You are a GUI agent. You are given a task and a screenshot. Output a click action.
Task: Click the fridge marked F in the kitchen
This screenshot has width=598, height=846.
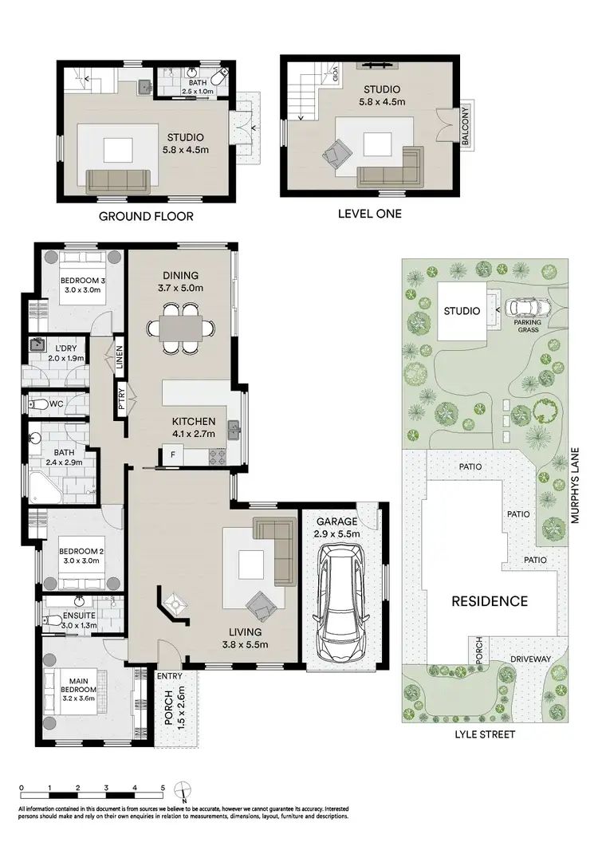coord(171,455)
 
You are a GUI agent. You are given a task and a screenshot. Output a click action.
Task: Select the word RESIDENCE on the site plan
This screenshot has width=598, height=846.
coord(490,601)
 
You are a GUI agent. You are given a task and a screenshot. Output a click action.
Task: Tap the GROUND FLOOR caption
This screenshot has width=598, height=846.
coord(146,216)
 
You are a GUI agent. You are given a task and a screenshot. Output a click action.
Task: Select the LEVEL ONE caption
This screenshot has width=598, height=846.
coord(371,214)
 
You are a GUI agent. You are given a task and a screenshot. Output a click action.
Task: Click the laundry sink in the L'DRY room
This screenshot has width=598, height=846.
coord(37,345)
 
